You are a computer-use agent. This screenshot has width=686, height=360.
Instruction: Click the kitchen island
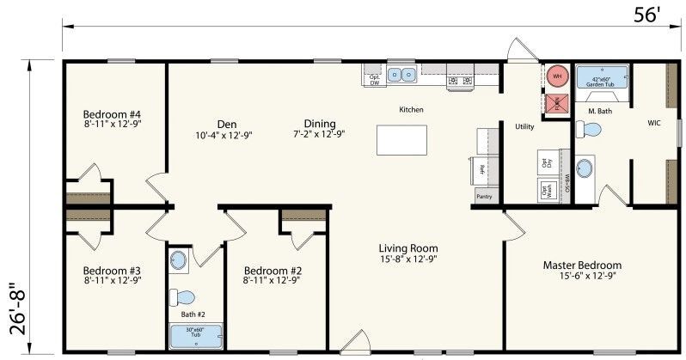401,139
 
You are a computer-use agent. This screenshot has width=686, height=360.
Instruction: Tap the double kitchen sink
401,75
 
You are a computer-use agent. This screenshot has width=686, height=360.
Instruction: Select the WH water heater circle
557,76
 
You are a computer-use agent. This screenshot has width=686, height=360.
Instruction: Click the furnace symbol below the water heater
556,104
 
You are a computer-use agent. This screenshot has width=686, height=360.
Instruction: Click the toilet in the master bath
589,130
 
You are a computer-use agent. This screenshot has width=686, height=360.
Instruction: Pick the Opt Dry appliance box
545,161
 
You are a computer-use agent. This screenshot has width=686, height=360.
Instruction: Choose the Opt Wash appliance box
545,191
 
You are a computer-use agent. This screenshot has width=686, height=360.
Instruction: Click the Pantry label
484,197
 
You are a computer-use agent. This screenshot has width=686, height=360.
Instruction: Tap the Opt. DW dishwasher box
375,79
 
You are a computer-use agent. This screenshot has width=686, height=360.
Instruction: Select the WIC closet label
654,123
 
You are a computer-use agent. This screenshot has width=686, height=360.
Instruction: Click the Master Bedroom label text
581,265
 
